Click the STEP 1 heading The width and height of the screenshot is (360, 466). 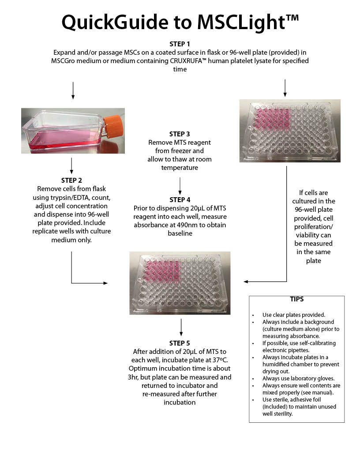pyautogui.click(x=180, y=44)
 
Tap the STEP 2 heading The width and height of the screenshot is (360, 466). pyautogui.click(x=71, y=180)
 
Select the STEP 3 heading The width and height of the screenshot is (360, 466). pyautogui.click(x=180, y=134)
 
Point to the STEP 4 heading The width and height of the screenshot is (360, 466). pyautogui.click(x=180, y=200)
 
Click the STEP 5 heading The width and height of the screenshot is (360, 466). pyautogui.click(x=180, y=343)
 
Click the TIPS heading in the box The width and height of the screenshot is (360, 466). pyautogui.click(x=296, y=299)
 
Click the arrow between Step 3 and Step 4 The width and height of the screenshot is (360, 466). pyautogui.click(x=180, y=185)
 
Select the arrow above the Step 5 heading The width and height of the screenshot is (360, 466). pyautogui.click(x=181, y=327)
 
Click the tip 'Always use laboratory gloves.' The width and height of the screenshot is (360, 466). pyautogui.click(x=292, y=378)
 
